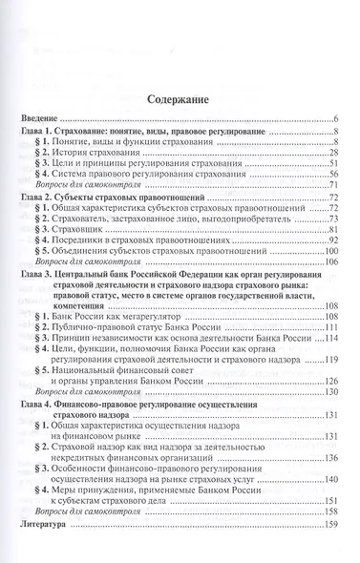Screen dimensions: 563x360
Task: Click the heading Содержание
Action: (180, 97)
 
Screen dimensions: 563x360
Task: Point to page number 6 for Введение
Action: (337, 115)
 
